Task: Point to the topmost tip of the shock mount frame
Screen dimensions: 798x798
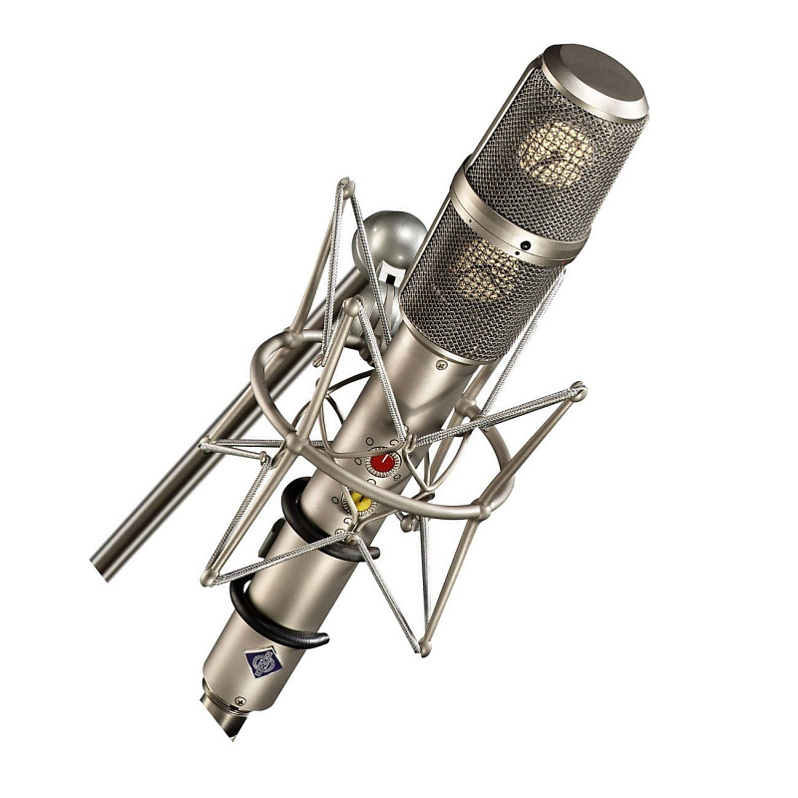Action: point(345,185)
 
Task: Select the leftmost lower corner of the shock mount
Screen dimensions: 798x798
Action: point(206,579)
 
